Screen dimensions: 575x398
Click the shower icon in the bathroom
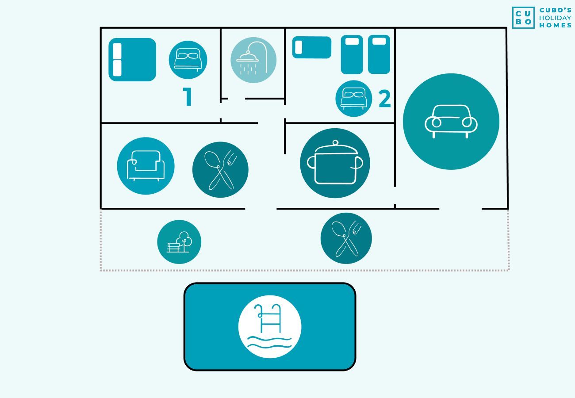(x=253, y=60)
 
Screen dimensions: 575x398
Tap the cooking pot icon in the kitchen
(x=335, y=163)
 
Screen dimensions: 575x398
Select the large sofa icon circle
(x=451, y=121)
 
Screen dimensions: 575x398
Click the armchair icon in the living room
(x=146, y=166)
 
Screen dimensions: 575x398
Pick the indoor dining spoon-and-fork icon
(x=220, y=170)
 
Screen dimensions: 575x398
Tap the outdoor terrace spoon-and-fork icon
(x=346, y=238)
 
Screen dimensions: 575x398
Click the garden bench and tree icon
(x=179, y=242)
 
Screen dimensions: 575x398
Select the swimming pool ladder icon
(x=270, y=327)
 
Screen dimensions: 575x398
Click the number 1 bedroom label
(x=188, y=96)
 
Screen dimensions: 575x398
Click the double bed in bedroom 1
(x=132, y=60)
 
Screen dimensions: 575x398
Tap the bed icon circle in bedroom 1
(x=188, y=60)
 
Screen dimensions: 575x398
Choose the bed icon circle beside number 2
(x=353, y=99)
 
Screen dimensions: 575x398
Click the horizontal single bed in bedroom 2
(x=312, y=47)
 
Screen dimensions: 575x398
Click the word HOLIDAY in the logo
(x=555, y=18)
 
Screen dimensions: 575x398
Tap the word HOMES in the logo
(x=555, y=25)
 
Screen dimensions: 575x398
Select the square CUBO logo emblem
(x=523, y=17)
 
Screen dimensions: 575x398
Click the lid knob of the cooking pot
(x=335, y=143)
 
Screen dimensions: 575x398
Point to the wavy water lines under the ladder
(x=269, y=342)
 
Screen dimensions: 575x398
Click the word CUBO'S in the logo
(x=555, y=10)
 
